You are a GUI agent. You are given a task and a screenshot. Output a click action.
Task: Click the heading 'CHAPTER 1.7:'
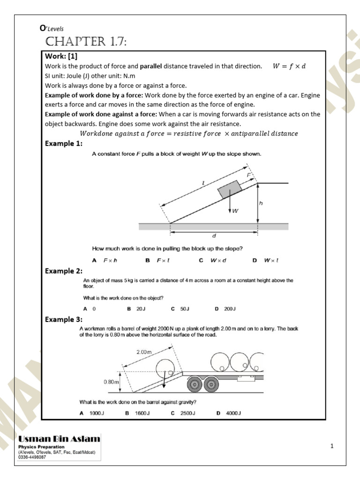pyautogui.click(x=86, y=43)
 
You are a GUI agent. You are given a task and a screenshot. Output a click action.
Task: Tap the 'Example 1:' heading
pyautogui.click(x=64, y=144)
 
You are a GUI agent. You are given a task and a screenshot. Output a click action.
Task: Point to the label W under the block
pyautogui.click(x=235, y=211)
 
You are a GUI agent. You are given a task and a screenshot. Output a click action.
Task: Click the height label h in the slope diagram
pyautogui.click(x=261, y=203)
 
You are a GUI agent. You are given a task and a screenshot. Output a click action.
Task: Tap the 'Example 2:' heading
pyautogui.click(x=64, y=271)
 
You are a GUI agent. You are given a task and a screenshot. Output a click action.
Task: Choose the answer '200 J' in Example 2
pyautogui.click(x=226, y=309)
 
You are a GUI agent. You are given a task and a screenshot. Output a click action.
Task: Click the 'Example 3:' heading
pyautogui.click(x=64, y=320)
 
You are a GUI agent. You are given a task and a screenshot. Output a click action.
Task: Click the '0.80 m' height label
pyautogui.click(x=112, y=382)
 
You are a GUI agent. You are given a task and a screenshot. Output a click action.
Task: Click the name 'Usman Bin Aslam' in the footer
pyautogui.click(x=60, y=439)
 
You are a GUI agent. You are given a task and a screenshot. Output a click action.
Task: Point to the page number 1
pyautogui.click(x=332, y=446)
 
